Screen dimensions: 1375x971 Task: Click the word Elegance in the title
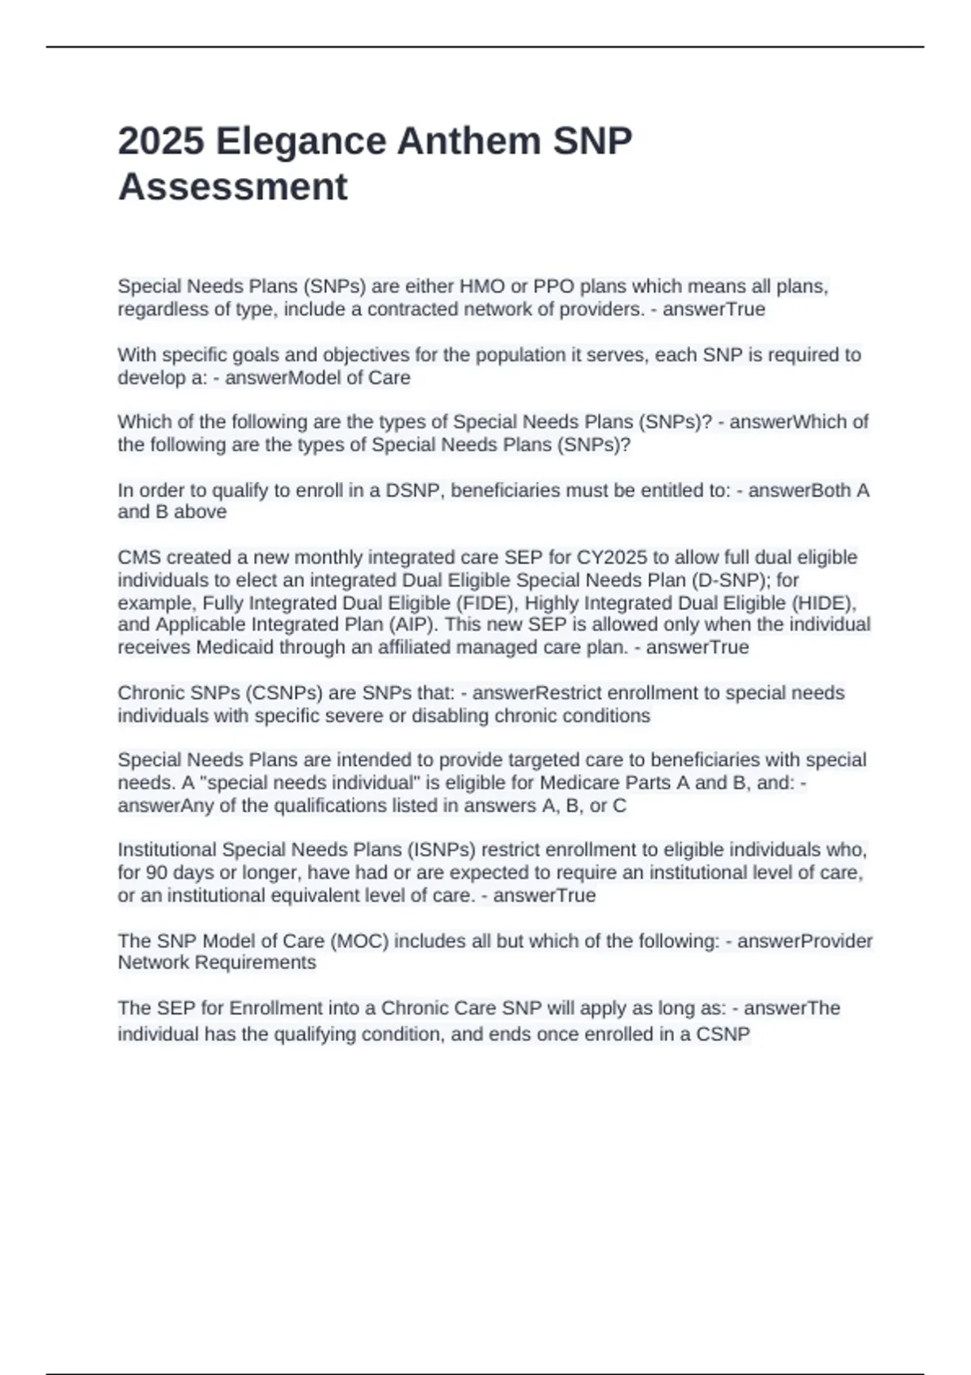point(300,142)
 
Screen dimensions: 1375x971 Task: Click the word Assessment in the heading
point(233,187)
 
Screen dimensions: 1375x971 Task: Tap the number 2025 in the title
point(161,142)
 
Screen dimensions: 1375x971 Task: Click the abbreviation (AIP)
point(409,624)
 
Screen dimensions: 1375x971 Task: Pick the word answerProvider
point(805,941)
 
